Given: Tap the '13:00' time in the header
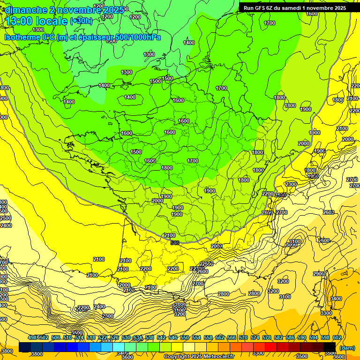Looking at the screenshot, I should pyautogui.click(x=20, y=21).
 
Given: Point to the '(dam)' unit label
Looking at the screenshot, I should pyautogui.click(x=347, y=348).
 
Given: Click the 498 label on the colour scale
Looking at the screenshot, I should pyautogui.click(x=32, y=337).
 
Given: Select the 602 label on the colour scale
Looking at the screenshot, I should pyautogui.click(x=337, y=337).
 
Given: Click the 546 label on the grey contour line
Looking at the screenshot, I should pyautogui.click(x=175, y=242).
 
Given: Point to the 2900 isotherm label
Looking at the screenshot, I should pyautogui.click(x=319, y=274).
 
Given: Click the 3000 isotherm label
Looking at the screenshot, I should pyautogui.click(x=292, y=245).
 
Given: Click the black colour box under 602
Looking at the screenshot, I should pyautogui.click(x=330, y=347).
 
